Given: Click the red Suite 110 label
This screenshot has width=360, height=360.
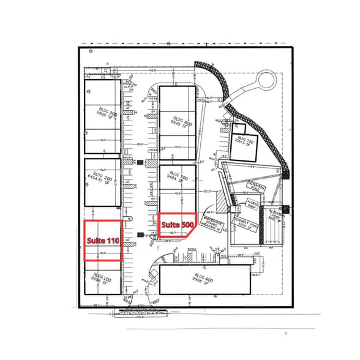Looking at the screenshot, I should pyautogui.click(x=102, y=241).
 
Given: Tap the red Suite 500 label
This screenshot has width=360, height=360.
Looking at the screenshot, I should pyautogui.click(x=177, y=225).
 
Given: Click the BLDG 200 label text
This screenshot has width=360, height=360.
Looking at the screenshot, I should pyautogui.click(x=99, y=179).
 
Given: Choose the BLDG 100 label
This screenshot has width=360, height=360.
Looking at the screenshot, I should pyautogui.click(x=102, y=279).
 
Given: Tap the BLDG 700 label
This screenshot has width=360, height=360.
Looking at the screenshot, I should pyautogui.click(x=246, y=143).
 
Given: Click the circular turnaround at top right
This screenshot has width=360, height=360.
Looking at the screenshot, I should pyautogui.click(x=267, y=80).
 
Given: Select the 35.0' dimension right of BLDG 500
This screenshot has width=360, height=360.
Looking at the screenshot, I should pyautogui.click(x=208, y=192).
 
